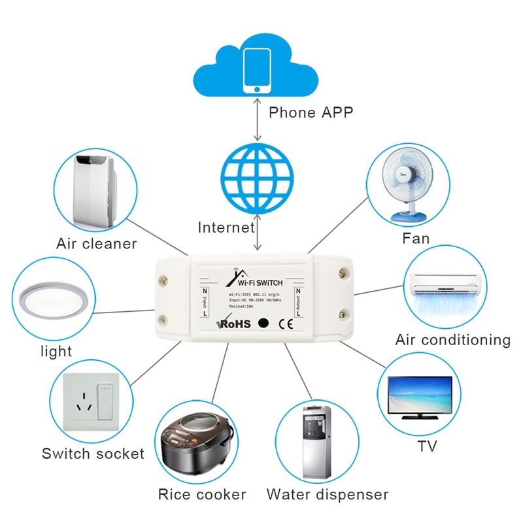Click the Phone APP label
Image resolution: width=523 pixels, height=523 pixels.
(x=311, y=112)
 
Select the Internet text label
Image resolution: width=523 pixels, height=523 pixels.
(x=226, y=228)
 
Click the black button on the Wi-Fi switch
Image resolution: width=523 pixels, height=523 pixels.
(x=263, y=323)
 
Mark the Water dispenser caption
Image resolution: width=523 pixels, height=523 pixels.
(x=327, y=494)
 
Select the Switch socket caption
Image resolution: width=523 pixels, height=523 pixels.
(x=93, y=453)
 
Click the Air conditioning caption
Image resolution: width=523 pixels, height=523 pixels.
(x=452, y=340)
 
